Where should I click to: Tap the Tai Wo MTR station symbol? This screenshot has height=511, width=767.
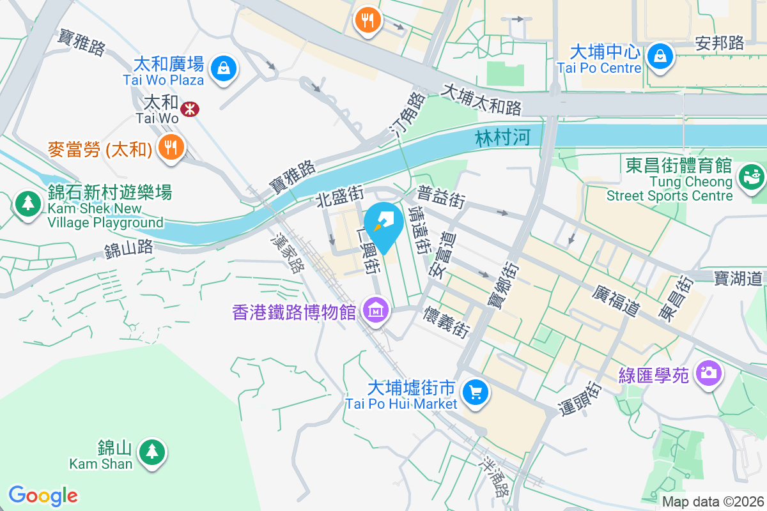click(189, 109)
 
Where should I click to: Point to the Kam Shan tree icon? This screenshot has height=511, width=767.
click(151, 452)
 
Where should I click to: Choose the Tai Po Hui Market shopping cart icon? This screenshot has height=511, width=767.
click(475, 392)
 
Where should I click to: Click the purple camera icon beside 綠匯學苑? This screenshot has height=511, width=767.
click(708, 372)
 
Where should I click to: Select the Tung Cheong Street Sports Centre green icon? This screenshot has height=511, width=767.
click(751, 176)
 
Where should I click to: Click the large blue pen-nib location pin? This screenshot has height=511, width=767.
click(384, 226)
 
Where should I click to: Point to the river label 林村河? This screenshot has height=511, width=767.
click(502, 139)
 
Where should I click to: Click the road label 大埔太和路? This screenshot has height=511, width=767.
click(481, 98)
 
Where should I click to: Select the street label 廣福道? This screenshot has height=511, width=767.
click(616, 300)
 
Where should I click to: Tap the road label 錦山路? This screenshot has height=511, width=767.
click(129, 248)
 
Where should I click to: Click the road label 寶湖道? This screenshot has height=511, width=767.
click(738, 278)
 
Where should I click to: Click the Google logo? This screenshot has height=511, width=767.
click(43, 496)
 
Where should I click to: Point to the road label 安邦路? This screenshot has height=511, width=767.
click(719, 43)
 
